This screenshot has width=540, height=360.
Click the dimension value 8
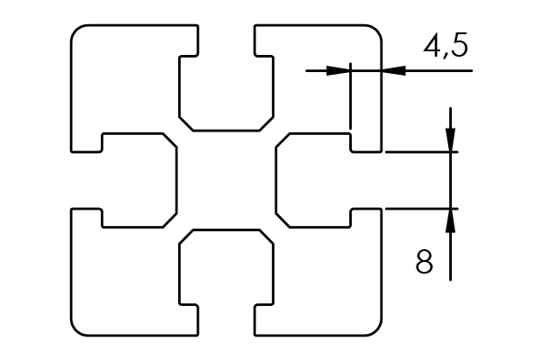[426, 262]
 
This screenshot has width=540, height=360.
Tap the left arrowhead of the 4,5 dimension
[339, 68]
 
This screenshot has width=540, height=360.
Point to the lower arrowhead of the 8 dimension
[451, 220]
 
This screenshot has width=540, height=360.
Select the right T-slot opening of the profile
[365, 180]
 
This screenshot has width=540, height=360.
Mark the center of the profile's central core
[226, 180]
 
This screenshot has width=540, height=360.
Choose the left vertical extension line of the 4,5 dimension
[350, 99]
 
